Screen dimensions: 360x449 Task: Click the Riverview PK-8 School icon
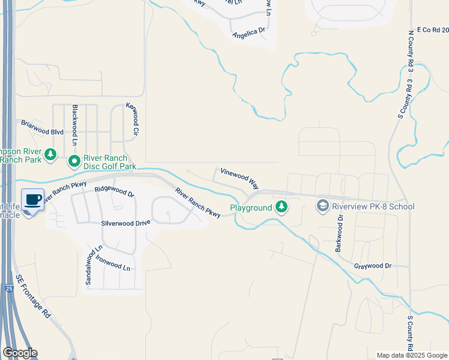click(x=323, y=206)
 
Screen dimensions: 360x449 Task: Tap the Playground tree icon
click(x=281, y=208)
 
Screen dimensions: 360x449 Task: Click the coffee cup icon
click(x=33, y=199)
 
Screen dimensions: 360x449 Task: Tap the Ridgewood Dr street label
click(x=114, y=192)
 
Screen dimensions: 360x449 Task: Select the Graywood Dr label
click(x=372, y=265)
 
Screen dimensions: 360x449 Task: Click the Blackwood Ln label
click(x=75, y=125)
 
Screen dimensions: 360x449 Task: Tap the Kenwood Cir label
click(x=132, y=119)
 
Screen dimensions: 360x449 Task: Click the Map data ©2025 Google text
click(x=412, y=355)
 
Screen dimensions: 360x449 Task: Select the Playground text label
click(x=252, y=208)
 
